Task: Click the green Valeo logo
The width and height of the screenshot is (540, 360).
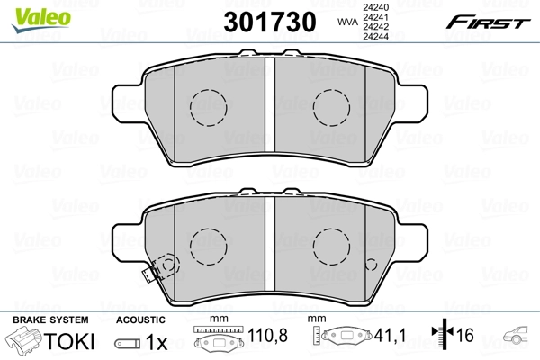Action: coord(41,20)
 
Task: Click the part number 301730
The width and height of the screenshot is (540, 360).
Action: coord(270,22)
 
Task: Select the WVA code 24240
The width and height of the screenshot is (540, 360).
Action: coord(376,7)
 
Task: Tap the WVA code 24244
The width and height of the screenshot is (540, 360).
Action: coord(376,36)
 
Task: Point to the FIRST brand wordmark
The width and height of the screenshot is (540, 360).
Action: coord(488,22)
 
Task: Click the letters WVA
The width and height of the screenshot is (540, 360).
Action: coord(347,22)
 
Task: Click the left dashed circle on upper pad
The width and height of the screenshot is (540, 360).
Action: coord(209,107)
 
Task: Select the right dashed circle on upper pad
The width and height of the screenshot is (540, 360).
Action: coord(331,107)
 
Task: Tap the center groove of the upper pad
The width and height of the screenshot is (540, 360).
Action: coord(270,104)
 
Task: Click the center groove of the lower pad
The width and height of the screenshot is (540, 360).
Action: coord(270,244)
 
